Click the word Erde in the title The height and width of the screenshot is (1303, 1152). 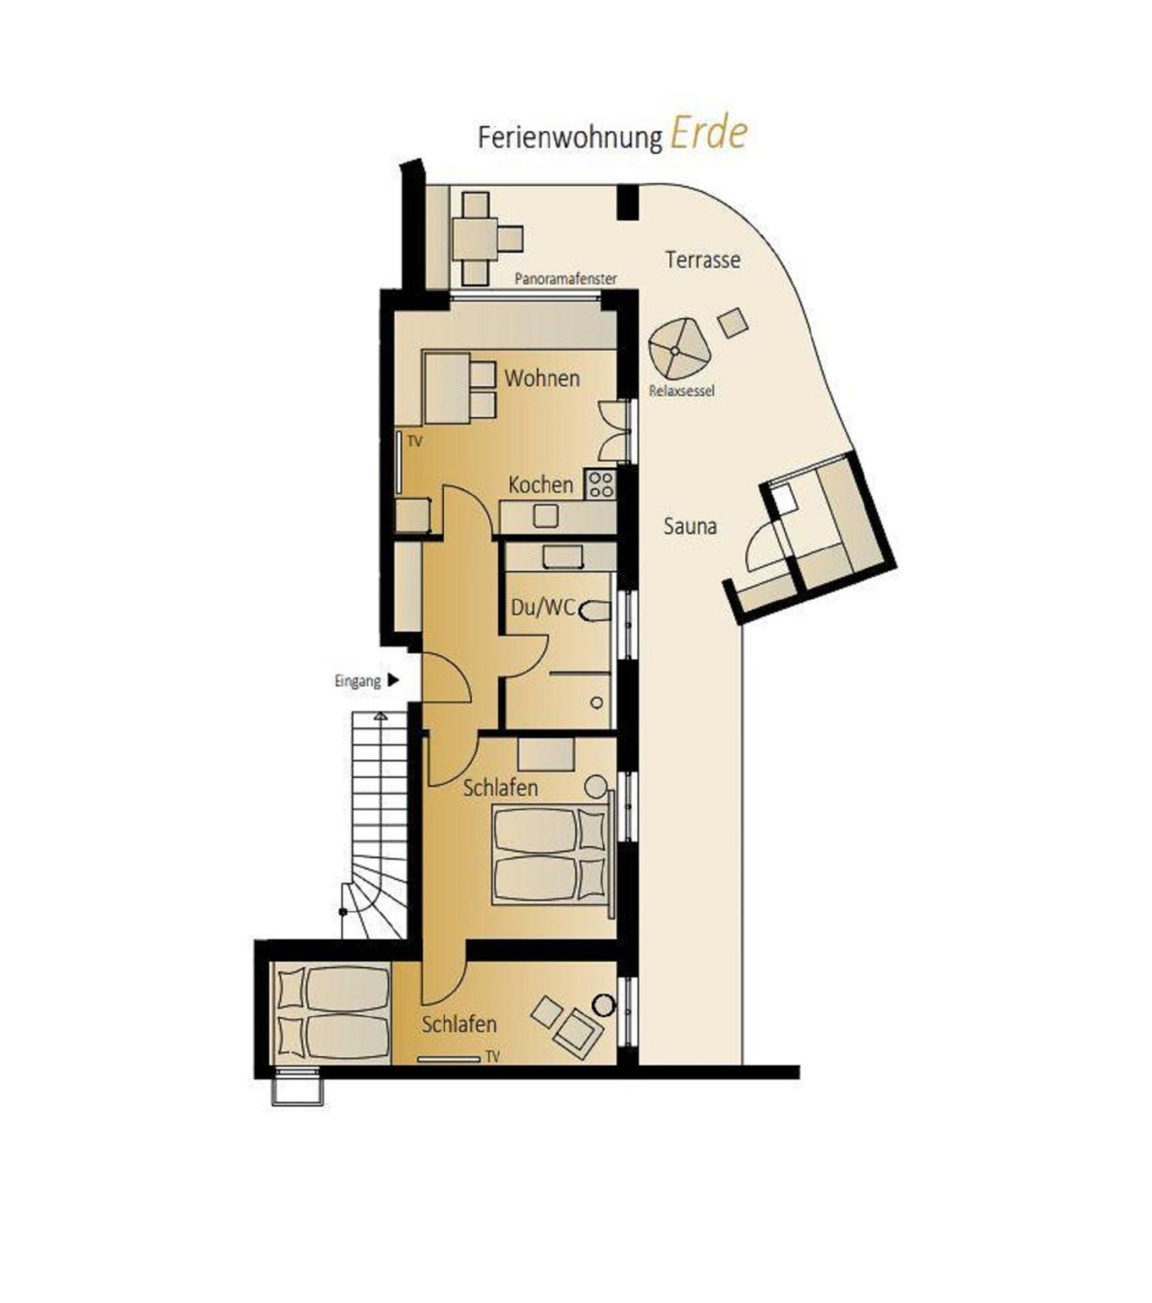[709, 134]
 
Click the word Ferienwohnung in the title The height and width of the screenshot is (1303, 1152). [570, 138]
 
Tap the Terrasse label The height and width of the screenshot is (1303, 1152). [703, 260]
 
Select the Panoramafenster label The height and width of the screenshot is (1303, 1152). [565, 278]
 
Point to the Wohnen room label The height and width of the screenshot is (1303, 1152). [541, 378]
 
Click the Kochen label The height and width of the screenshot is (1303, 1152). [540, 485]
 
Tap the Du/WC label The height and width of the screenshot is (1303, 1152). [543, 607]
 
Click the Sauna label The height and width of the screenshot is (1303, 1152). [690, 526]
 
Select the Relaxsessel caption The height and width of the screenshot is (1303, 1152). [682, 391]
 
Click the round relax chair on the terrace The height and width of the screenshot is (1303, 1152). [679, 349]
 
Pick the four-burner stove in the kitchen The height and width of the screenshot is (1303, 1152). [600, 484]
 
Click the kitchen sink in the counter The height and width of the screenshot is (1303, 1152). [545, 516]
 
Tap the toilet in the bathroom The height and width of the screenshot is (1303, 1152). [595, 611]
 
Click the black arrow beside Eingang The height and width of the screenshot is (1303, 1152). [393, 680]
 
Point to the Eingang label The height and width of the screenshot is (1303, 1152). [357, 681]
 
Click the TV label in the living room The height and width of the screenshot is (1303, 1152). [415, 442]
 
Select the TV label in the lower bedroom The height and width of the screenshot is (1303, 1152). [492, 1056]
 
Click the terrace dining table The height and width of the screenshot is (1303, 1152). [475, 239]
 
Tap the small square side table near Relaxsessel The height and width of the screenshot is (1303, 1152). [733, 323]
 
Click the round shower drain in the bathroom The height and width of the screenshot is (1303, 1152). [597, 703]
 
